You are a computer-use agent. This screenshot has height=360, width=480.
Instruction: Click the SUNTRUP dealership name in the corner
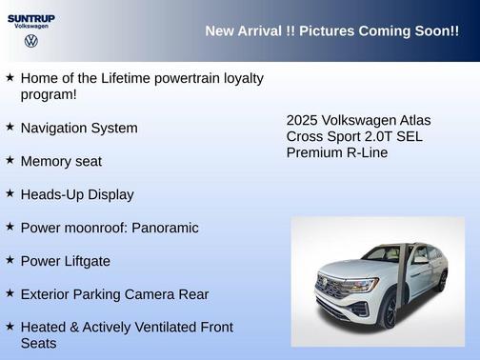[30, 17]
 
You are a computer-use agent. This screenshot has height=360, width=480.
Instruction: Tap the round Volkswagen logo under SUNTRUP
[30, 41]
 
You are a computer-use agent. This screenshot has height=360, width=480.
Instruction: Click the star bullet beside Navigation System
[10, 127]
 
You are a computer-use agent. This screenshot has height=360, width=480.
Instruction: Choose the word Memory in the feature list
[44, 162]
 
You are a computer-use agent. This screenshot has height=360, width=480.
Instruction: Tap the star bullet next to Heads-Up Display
[10, 193]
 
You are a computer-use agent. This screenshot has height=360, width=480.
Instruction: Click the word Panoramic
[166, 228]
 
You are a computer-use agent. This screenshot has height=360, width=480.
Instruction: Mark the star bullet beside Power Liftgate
[10, 260]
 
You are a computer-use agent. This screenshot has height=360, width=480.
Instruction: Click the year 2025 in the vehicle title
[302, 120]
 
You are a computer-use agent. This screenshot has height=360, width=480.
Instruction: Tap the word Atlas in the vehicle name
[413, 120]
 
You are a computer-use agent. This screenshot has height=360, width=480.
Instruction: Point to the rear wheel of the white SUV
[442, 281]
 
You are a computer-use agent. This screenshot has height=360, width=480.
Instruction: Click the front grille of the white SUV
[335, 289]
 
